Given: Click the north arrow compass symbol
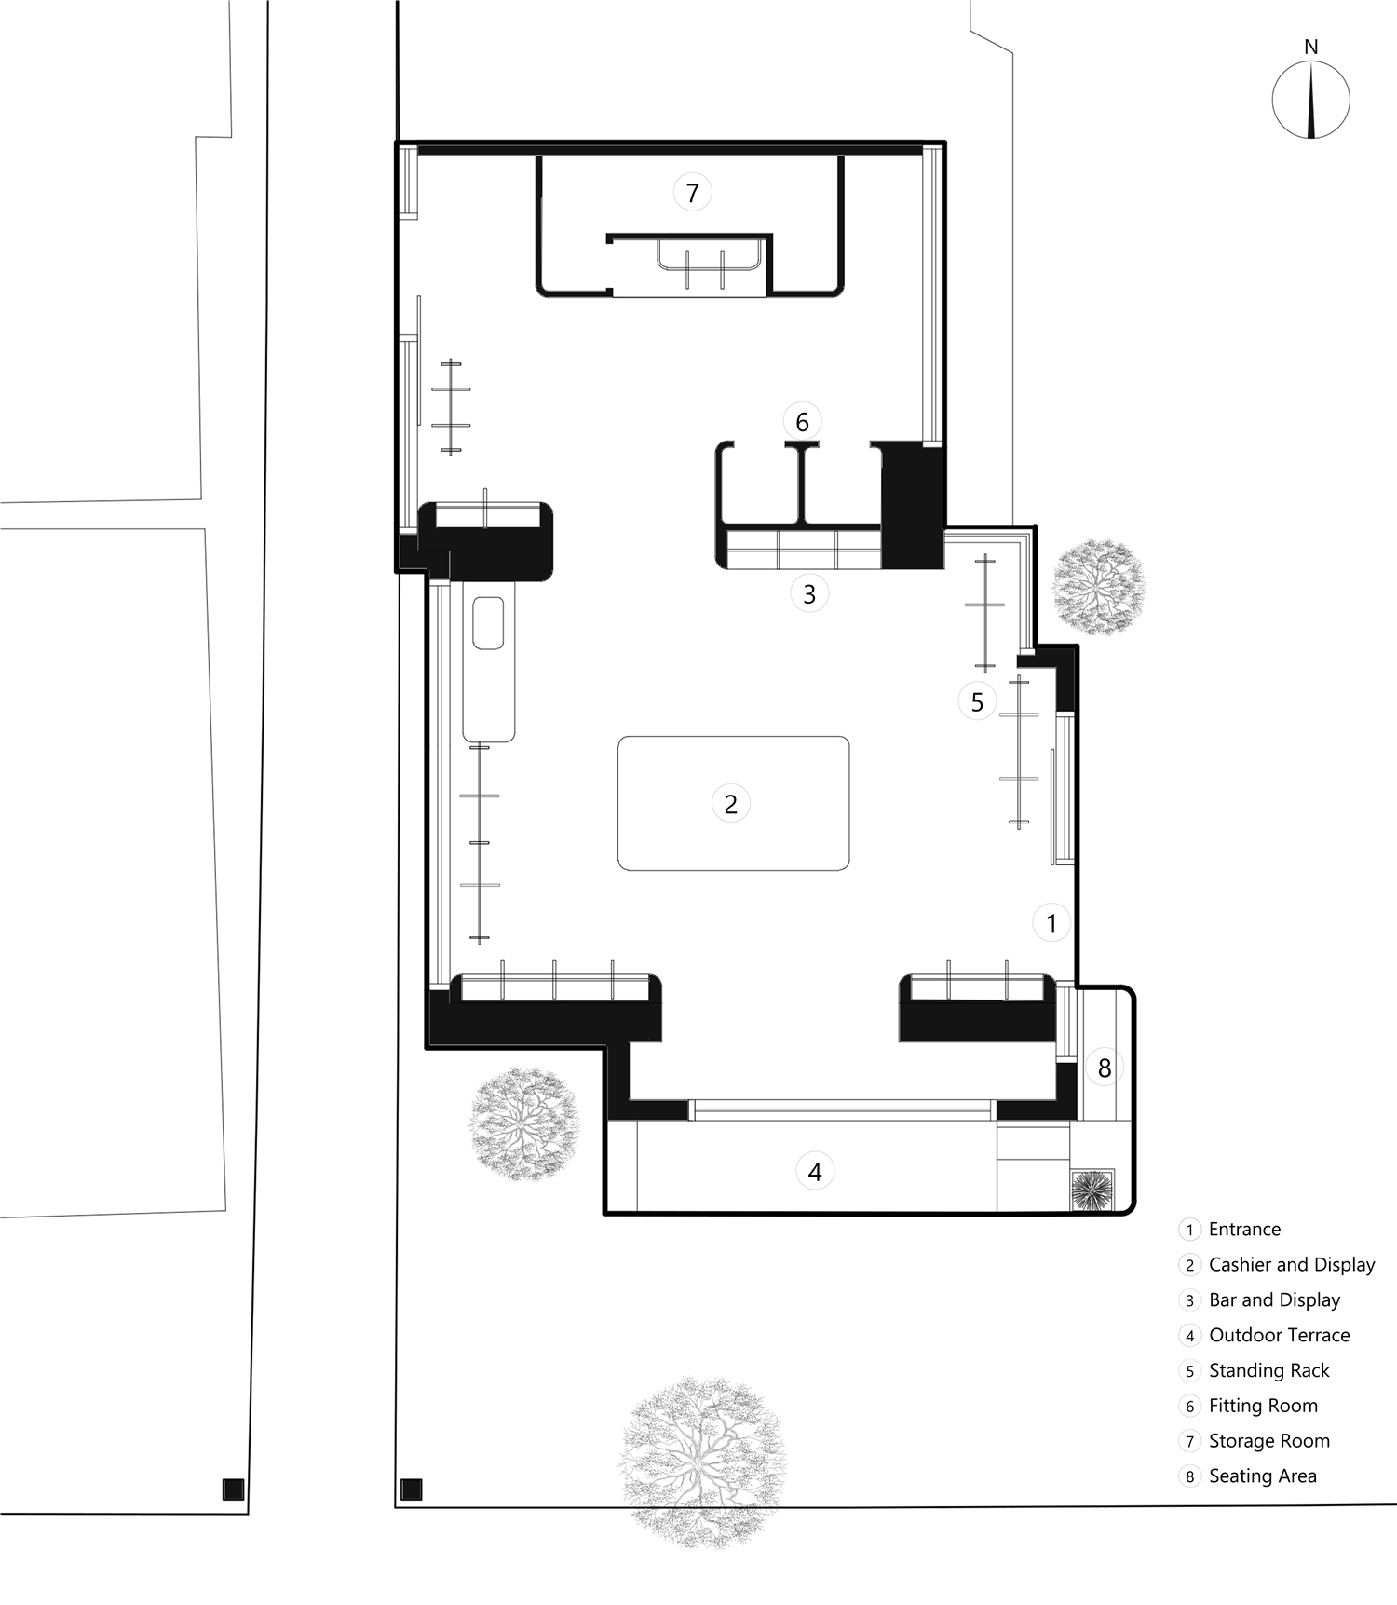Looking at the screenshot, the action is point(1310,100).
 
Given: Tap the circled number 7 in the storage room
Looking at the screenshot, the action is point(692,193).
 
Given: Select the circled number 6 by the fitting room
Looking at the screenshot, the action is point(802,422).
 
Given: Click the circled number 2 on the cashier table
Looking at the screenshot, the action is point(730,804).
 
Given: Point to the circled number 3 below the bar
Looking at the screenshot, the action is point(809,593).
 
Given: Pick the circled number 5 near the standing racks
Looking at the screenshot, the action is point(977,701).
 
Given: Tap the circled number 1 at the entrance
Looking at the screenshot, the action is point(1051,923).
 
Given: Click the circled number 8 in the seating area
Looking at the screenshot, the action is point(1105,1068).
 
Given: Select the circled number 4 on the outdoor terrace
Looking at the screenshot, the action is point(815,1172).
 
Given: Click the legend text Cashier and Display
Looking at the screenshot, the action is point(1292,1264).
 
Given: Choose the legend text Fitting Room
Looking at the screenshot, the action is point(1263,1406).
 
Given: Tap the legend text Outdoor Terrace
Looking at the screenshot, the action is point(1279,1335).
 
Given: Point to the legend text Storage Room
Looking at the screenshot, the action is point(1269,1441).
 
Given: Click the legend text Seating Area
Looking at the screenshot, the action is point(1262,1476).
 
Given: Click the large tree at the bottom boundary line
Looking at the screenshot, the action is point(703,1461).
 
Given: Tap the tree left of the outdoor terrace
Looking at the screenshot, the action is point(523,1123).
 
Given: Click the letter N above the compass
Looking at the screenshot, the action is point(1311,47).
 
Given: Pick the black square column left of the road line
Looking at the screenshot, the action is point(233,1489).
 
